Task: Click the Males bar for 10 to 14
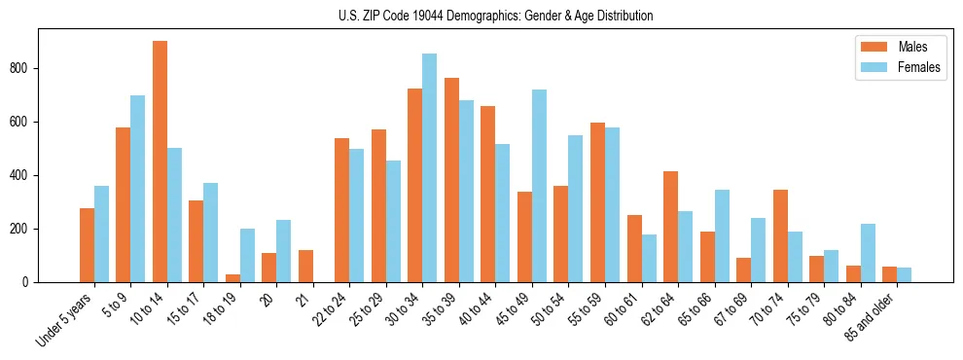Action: tap(160, 162)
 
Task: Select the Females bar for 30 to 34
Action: tap(429, 167)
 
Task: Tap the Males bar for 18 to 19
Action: tap(232, 278)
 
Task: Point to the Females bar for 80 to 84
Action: tap(867, 253)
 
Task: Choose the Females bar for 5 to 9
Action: tap(137, 189)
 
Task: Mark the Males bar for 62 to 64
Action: tap(670, 227)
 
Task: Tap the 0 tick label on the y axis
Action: tap(30, 282)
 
